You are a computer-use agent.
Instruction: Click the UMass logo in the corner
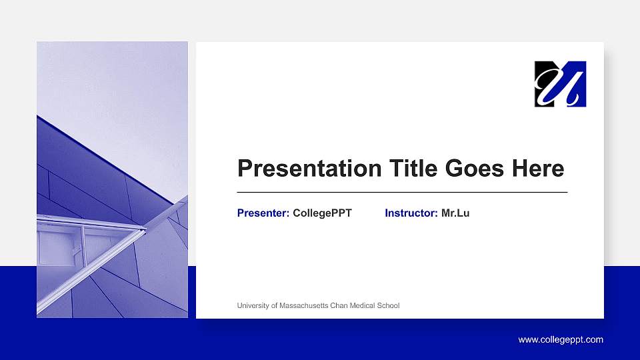pos(560,84)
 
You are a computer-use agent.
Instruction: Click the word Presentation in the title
pos(301,169)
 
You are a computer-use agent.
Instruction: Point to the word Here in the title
pos(538,169)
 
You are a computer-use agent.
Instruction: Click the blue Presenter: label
pos(263,213)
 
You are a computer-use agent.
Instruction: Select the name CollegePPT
pos(322,213)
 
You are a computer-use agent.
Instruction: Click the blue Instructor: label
pos(411,213)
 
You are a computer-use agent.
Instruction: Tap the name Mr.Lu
pos(455,213)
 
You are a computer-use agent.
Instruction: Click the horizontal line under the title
pos(402,192)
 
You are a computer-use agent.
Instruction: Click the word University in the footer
pos(253,306)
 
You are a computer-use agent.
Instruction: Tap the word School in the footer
pos(389,306)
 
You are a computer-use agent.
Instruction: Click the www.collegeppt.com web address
pos(561,340)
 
